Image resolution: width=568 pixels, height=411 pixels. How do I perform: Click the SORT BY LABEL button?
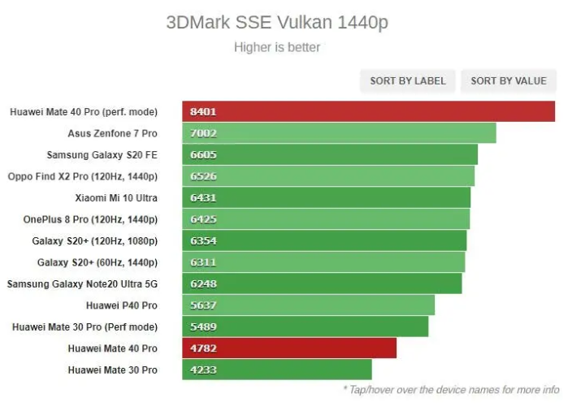(408, 80)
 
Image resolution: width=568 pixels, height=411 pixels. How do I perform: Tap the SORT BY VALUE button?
(509, 80)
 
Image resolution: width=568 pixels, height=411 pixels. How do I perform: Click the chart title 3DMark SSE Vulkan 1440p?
(277, 22)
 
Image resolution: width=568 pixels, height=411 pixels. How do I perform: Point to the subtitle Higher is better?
(277, 47)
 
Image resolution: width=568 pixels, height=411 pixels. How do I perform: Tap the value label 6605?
(203, 154)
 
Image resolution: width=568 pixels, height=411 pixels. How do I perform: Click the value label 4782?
(203, 348)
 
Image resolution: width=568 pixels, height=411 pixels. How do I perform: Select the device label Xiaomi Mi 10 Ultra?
(116, 197)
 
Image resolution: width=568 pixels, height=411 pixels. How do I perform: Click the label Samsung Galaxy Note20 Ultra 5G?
(82, 283)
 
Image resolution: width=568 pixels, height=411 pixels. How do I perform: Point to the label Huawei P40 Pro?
(122, 305)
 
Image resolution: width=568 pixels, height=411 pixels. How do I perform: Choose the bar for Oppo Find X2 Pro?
(333, 176)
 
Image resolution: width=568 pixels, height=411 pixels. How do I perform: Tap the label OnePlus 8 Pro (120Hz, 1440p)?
(90, 219)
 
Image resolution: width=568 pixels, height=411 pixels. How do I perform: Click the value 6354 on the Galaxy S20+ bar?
(203, 240)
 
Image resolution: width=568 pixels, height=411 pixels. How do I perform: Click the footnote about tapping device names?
(451, 390)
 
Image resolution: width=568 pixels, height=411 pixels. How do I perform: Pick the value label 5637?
(203, 305)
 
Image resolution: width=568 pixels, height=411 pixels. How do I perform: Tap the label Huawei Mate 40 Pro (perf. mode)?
(84, 111)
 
